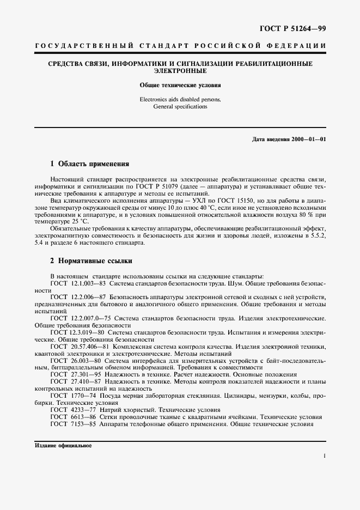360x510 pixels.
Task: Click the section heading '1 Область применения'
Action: [x=89, y=163]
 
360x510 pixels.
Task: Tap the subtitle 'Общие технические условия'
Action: [x=180, y=86]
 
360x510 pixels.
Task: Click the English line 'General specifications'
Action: [x=180, y=107]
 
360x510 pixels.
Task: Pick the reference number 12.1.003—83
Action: [x=89, y=283]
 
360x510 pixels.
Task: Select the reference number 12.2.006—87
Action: [x=89, y=296]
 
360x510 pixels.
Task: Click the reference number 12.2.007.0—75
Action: [x=91, y=317]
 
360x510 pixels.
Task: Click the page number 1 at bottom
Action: [x=324, y=457]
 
